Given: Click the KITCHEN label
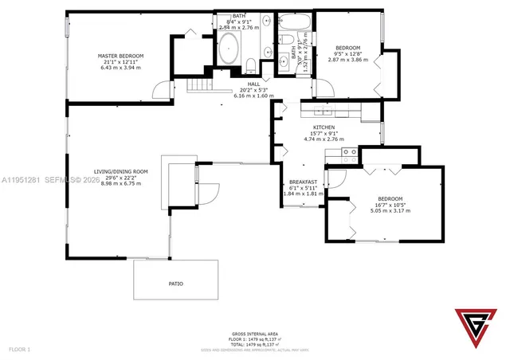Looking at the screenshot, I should (x=323, y=127).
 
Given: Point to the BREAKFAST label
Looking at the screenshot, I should (x=303, y=182).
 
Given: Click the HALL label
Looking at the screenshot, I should (x=253, y=84).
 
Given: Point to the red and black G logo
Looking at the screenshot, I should (x=473, y=327).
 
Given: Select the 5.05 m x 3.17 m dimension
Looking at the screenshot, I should (x=390, y=213).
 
